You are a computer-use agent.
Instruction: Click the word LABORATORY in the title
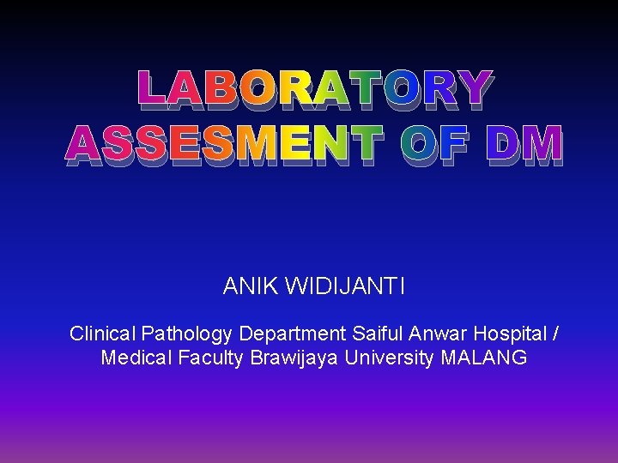315,92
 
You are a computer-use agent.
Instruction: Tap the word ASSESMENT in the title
222,145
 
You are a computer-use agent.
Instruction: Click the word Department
292,334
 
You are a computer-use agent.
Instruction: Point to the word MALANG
483,358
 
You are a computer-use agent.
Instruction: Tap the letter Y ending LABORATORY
473,92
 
